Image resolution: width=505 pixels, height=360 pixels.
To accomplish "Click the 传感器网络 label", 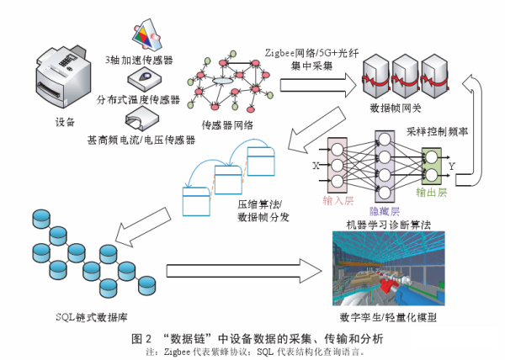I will pos(227,125).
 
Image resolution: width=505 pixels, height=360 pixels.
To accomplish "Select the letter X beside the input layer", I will pos(316,166).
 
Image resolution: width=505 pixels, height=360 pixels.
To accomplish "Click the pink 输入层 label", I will pos(340,200).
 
